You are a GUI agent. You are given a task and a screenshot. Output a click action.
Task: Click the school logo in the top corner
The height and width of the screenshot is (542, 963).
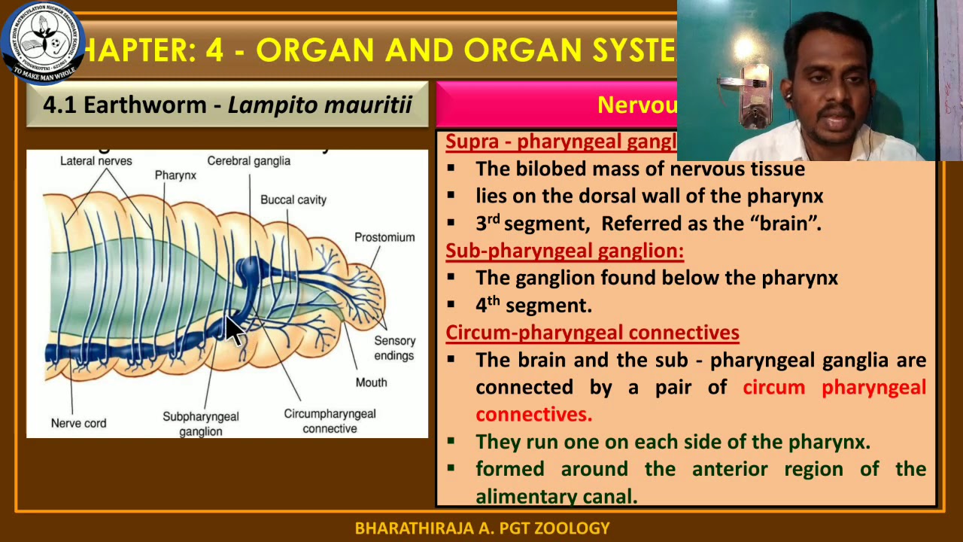pos(42,41)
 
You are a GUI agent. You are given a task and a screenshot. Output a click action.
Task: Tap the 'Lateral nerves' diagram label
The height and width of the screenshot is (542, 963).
pos(96,160)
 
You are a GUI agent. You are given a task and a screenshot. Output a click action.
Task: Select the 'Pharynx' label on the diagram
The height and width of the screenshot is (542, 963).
pos(175,175)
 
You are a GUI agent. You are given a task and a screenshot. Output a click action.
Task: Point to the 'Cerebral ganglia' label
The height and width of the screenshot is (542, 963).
pos(248,160)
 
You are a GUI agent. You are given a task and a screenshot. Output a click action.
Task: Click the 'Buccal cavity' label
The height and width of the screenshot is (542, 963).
pos(293,199)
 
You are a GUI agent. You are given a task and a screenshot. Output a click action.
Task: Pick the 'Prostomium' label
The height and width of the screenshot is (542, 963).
pos(384,237)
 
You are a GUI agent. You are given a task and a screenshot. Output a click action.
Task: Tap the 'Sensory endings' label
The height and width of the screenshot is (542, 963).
pos(394,348)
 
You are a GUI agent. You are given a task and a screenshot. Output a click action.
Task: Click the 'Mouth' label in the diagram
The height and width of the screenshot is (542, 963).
pos(371,382)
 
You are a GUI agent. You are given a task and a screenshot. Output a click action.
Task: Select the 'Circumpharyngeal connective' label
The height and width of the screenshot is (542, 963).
pos(330,421)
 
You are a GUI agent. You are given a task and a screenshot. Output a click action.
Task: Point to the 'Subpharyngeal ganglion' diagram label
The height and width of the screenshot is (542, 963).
pos(201,424)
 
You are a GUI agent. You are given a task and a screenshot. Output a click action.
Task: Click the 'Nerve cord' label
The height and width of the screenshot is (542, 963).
pos(78,423)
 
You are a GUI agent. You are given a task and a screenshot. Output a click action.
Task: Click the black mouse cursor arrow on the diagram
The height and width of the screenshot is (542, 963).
pos(235,330)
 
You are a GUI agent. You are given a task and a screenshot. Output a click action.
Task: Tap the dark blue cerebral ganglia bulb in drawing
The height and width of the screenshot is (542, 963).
pos(248,268)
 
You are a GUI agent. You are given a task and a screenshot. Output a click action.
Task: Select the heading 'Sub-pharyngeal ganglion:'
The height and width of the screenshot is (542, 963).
pos(564,250)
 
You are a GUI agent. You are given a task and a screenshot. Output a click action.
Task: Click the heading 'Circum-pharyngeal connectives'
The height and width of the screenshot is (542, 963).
pos(592,332)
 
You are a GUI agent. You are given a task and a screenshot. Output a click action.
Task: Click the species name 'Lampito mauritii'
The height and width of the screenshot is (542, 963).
pos(320,105)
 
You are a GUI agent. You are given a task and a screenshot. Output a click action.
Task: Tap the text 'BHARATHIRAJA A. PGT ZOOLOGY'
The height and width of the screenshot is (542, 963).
pos(481,528)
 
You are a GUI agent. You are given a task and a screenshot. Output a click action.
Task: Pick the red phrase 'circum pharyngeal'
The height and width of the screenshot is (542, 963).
pos(834,387)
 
